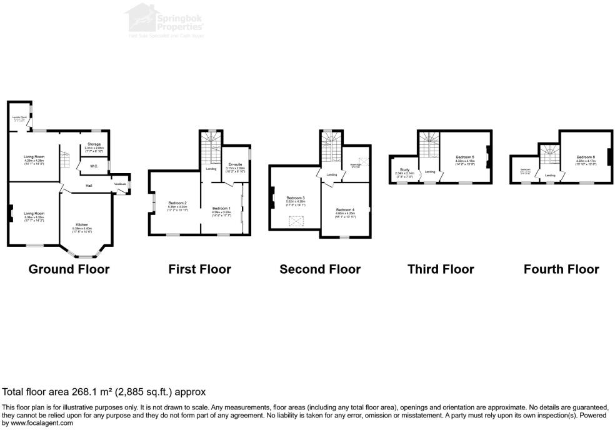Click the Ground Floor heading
coord(69,269)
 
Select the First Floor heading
coord(199,269)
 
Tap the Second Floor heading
coord(320,269)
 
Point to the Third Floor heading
coord(441,269)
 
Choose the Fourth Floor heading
coord(561,269)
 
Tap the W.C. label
coord(92,166)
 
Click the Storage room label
coord(93,144)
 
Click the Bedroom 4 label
coord(345,209)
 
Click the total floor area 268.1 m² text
coord(104,392)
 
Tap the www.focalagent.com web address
coord(37,423)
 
